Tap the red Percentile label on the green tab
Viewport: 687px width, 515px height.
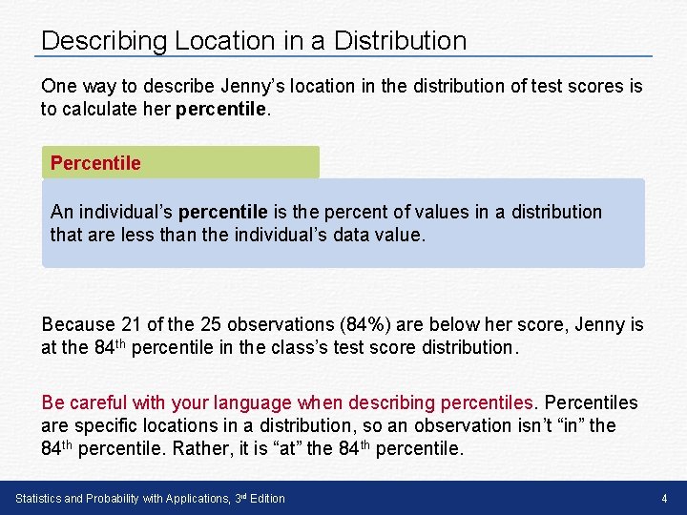point(95,163)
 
